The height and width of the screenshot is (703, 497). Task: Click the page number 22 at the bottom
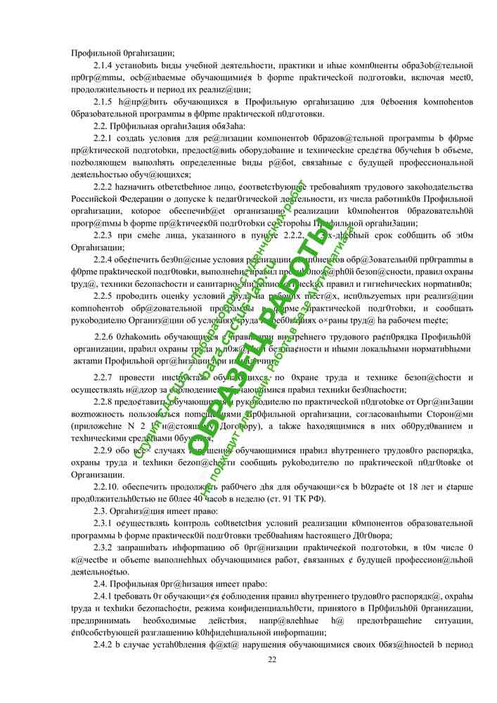pos(272,659)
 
